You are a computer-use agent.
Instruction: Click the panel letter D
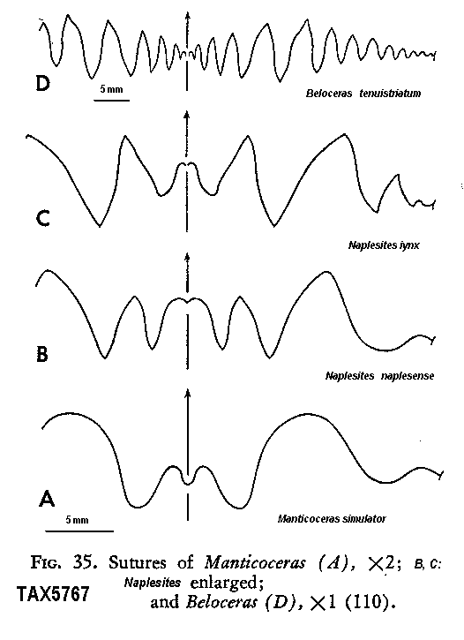(43, 84)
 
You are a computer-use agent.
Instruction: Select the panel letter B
(42, 354)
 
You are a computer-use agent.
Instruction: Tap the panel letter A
(47, 498)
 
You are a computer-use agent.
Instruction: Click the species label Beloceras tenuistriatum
(363, 94)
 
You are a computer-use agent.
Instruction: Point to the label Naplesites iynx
(384, 245)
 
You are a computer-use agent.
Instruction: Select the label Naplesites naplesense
(379, 376)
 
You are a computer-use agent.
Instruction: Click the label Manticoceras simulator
(332, 519)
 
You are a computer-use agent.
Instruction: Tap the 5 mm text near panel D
(112, 89)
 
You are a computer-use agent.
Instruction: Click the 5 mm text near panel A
(77, 520)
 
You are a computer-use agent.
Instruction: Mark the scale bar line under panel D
(112, 100)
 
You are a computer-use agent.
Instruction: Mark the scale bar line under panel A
(79, 531)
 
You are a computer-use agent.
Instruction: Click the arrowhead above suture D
(187, 16)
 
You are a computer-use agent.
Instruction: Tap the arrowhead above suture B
(187, 257)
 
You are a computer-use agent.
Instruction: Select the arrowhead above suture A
(188, 393)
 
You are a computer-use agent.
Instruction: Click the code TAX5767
(53, 594)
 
